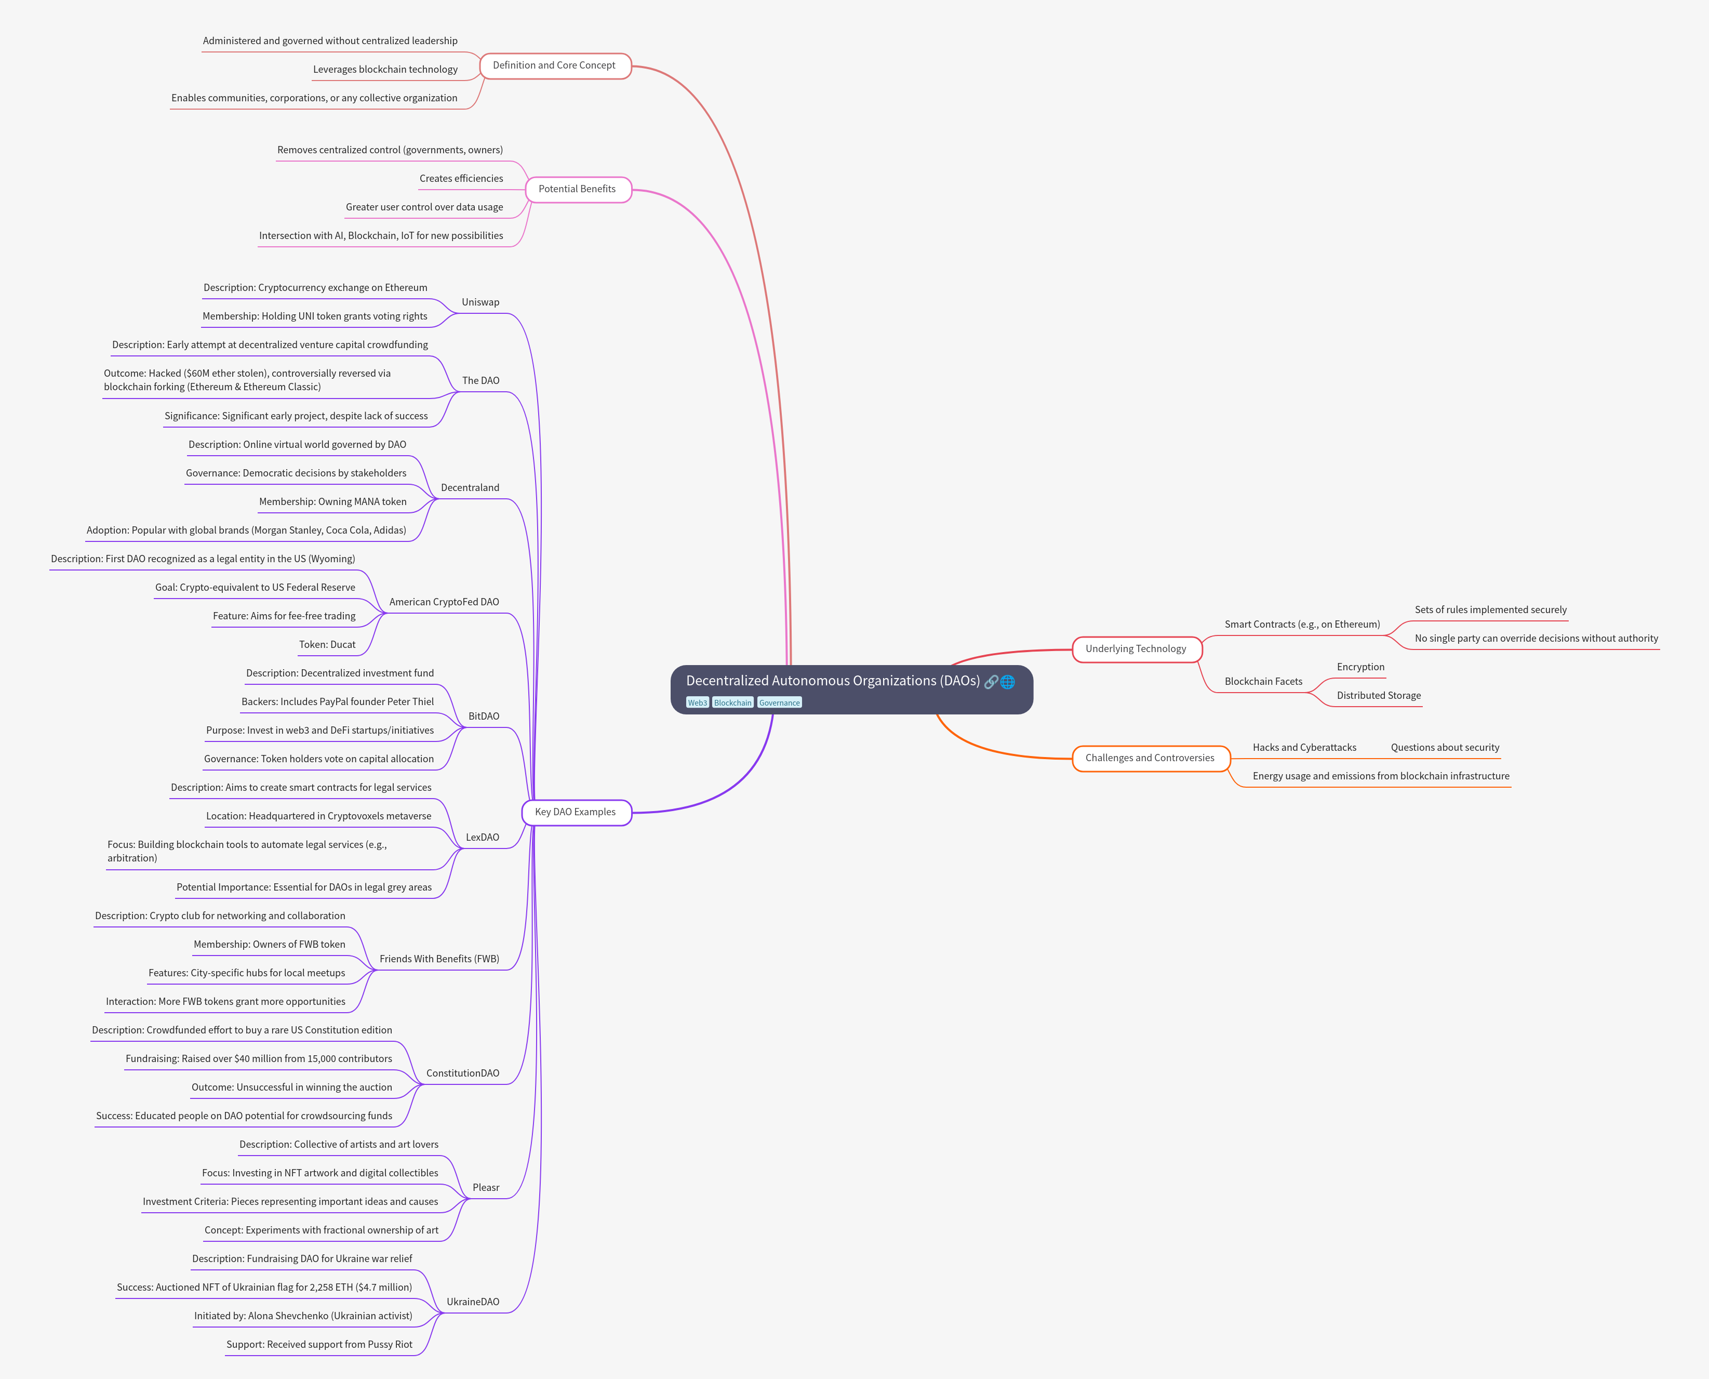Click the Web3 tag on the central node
(x=697, y=702)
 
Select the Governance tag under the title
(x=779, y=702)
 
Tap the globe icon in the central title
(x=1008, y=682)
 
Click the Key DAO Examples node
(x=576, y=812)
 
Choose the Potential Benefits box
(x=577, y=189)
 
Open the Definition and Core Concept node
(x=554, y=65)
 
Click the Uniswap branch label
(x=480, y=302)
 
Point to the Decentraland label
(x=470, y=488)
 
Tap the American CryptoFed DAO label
(x=444, y=602)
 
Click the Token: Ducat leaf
(x=327, y=644)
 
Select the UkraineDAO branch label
(x=473, y=1301)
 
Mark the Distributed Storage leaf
(x=1379, y=695)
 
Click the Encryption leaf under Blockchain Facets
(x=1360, y=667)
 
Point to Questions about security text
(x=1445, y=748)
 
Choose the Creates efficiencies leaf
(x=461, y=179)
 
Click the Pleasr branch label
(x=486, y=1188)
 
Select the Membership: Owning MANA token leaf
(x=333, y=502)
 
